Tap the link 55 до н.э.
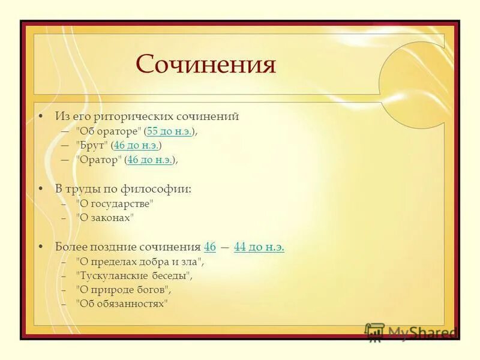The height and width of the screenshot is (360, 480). click(170, 131)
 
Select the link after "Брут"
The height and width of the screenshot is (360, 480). click(136, 145)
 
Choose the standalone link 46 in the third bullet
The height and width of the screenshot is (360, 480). click(210, 247)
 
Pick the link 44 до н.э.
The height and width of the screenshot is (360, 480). click(259, 247)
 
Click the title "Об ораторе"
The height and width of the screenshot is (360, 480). click(109, 131)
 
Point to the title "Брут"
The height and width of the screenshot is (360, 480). click(92, 145)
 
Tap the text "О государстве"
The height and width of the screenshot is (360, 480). click(115, 203)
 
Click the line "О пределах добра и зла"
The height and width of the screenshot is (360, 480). click(140, 262)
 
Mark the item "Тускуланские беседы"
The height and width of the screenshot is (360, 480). click(134, 276)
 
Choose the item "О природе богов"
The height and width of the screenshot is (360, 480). click(123, 289)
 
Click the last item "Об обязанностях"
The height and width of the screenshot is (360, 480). click(122, 304)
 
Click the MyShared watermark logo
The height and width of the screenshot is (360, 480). click(411, 332)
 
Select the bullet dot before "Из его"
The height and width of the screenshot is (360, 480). click(40, 116)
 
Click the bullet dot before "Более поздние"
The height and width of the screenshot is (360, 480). click(40, 247)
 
